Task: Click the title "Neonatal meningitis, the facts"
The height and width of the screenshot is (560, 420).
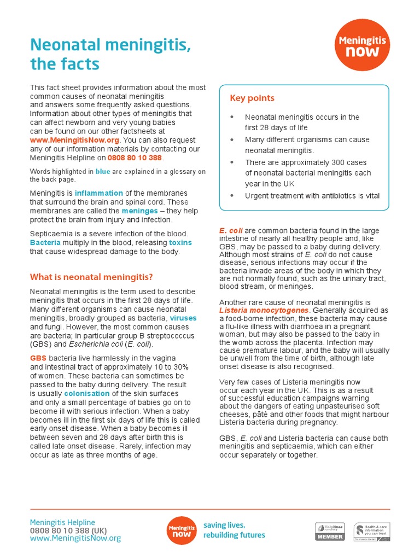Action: pyautogui.click(x=110, y=55)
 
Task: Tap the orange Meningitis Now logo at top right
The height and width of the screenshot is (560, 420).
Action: pyautogui.click(x=363, y=46)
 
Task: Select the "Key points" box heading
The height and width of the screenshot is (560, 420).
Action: pyautogui.click(x=252, y=98)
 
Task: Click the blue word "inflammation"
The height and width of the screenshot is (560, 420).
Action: pyautogui.click(x=99, y=193)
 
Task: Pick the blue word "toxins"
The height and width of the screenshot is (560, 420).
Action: pyautogui.click(x=180, y=242)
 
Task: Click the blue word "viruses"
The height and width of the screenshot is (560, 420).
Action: pyautogui.click(x=183, y=318)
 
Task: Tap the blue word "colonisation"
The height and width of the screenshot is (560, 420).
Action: pyautogui.click(x=86, y=394)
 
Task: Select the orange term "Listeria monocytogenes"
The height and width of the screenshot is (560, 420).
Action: pyautogui.click(x=265, y=311)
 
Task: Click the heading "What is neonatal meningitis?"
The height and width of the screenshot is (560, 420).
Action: pyautogui.click(x=91, y=277)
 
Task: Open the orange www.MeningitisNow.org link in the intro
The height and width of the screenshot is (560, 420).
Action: pyautogui.click(x=74, y=140)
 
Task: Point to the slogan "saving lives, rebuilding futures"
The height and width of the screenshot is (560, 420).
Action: pyautogui.click(x=234, y=530)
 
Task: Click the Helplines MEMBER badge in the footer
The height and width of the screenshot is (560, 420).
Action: pyautogui.click(x=330, y=531)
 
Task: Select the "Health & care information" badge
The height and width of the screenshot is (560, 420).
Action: pyautogui.click(x=372, y=531)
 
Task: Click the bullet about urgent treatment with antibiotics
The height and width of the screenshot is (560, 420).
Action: pyautogui.click(x=312, y=196)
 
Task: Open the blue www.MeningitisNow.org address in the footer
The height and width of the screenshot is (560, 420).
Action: pyautogui.click(x=75, y=539)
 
